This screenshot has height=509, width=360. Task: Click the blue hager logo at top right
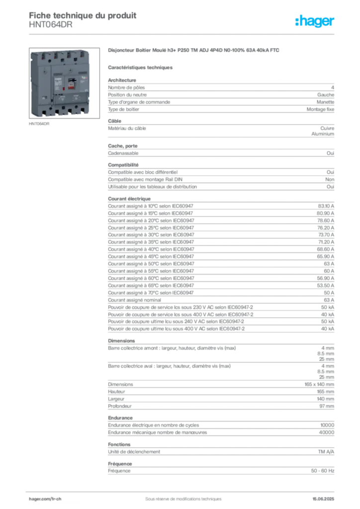[x=316, y=22]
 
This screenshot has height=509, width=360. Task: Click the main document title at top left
[x=83, y=13]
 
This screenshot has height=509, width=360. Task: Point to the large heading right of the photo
[x=195, y=51]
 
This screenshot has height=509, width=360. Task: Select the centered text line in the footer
[x=179, y=497]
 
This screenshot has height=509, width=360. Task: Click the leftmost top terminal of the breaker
[x=42, y=56]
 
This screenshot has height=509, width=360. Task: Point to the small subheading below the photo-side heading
[x=141, y=67]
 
